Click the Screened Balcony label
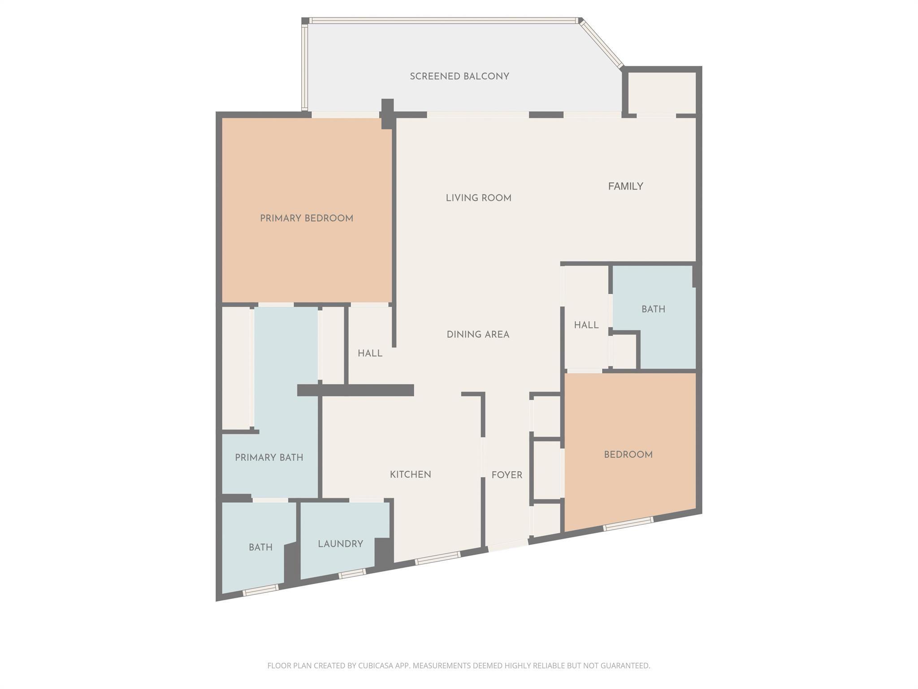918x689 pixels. click(459, 76)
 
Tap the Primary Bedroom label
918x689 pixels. click(307, 218)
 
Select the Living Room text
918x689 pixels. click(478, 198)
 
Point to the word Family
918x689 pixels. click(625, 186)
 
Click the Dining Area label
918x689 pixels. click(478, 334)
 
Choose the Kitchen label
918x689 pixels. click(410, 475)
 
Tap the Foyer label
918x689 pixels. click(507, 475)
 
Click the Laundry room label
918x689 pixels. click(340, 544)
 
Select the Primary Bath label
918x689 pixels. click(269, 458)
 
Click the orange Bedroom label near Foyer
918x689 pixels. click(628, 454)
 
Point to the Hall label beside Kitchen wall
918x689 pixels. click(370, 353)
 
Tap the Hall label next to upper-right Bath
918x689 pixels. click(586, 325)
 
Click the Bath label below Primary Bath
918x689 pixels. click(260, 547)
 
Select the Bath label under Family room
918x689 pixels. click(653, 309)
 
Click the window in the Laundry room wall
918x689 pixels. click(352, 574)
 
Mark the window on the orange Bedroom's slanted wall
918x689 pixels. click(628, 523)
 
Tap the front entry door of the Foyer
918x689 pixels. click(508, 545)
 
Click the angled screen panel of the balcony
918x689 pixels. click(602, 44)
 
